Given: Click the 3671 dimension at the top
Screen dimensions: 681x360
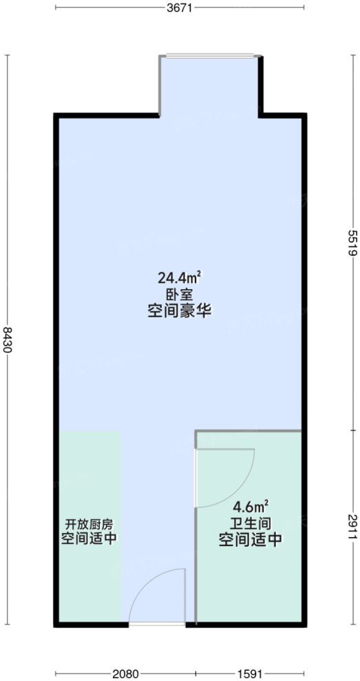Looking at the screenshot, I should (179, 8).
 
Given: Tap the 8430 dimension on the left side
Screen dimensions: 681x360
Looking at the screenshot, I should (8, 339).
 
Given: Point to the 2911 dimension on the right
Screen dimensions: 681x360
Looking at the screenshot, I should (351, 527).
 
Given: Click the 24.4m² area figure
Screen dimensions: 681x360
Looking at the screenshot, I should (179, 278).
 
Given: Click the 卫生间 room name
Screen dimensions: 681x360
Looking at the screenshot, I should (251, 523).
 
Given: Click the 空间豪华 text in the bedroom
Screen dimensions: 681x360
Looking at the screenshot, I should (179, 311).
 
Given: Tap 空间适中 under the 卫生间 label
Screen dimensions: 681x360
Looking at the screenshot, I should (251, 540).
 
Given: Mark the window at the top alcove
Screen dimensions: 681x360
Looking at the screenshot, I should (211, 56).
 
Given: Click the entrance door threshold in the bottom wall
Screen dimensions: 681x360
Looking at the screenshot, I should (157, 624).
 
